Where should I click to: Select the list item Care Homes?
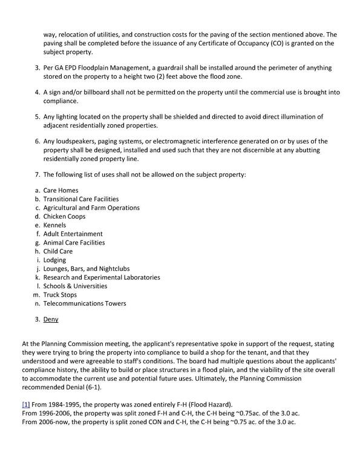pyautogui.click(x=60, y=190)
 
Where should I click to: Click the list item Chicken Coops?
pyautogui.click(x=64, y=216)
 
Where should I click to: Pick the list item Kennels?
pyautogui.click(x=55, y=225)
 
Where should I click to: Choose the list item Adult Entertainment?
pyautogui.click(x=73, y=234)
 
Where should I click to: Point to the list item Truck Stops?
pyautogui.click(x=60, y=295)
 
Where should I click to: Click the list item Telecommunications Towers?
pyautogui.click(x=85, y=303)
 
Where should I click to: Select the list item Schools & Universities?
pyautogui.click(x=76, y=286)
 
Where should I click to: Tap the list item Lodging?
pyautogui.click(x=55, y=260)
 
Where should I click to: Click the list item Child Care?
pyautogui.click(x=58, y=251)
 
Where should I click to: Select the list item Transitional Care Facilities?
pyautogui.click(x=81, y=199)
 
